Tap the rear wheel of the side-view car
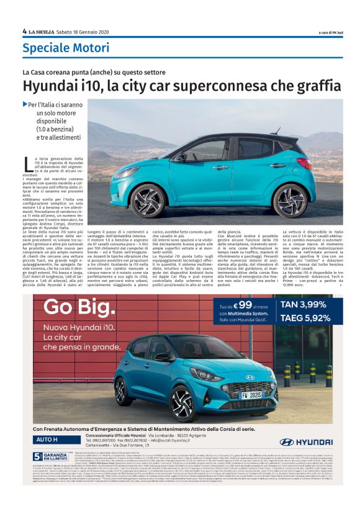coord(290,198)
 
